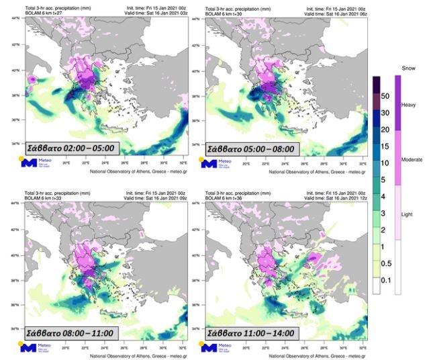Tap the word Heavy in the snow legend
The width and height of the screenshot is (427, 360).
[x=408, y=105]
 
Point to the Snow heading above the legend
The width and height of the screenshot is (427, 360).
[x=408, y=69]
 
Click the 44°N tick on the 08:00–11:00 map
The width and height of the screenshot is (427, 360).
[x=15, y=204]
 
